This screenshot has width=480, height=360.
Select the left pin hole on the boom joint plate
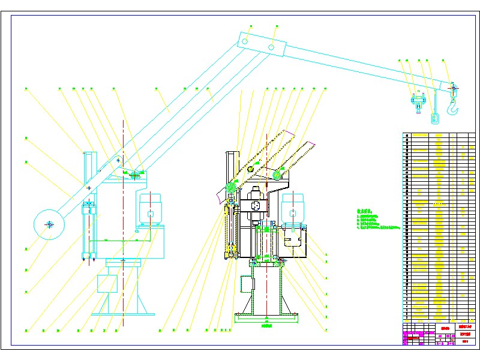(x=245, y=41)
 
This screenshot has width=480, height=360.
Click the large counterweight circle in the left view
(x=49, y=224)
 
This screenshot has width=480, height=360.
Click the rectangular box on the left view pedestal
(x=107, y=283)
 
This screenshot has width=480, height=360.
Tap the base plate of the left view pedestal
(x=123, y=313)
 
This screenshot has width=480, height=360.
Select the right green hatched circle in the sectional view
(x=278, y=175)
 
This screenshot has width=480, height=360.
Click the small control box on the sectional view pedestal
(x=246, y=283)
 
